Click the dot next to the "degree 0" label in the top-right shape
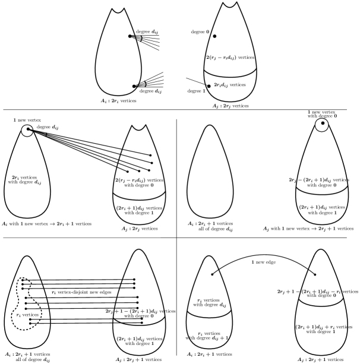pyautogui.click(x=214, y=36)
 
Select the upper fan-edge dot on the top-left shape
pyautogui.click(x=130, y=37)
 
